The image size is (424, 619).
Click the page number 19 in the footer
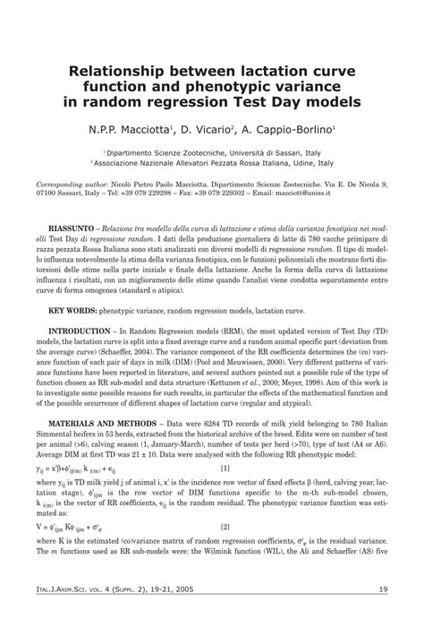point(382,589)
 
